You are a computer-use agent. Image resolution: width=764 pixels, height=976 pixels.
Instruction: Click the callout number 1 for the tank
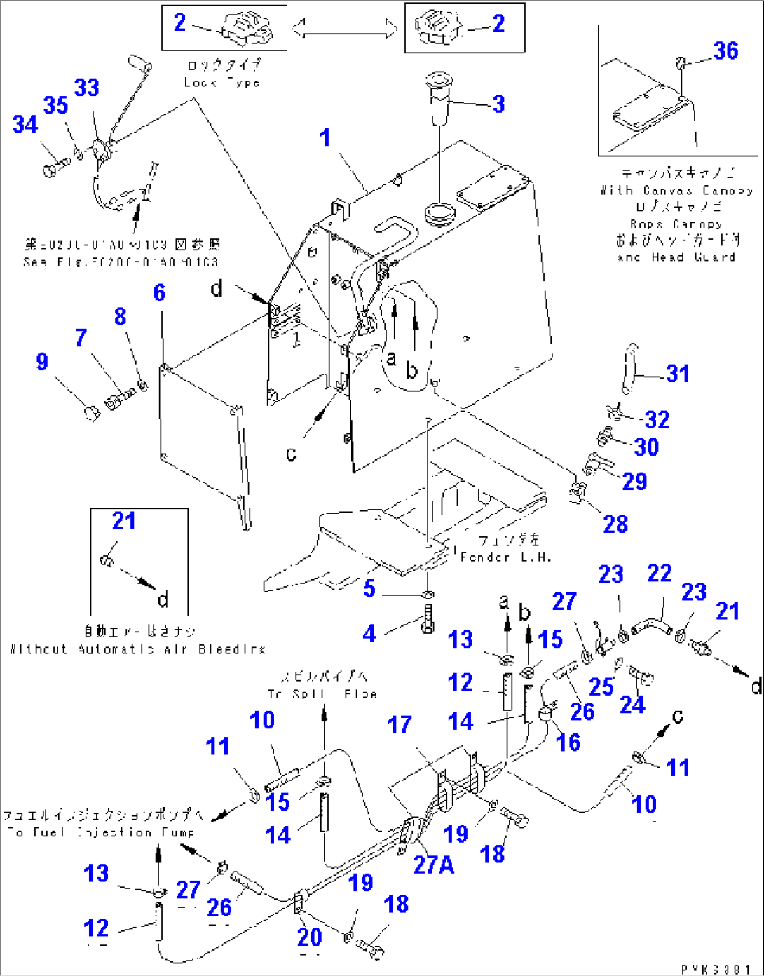click(x=325, y=137)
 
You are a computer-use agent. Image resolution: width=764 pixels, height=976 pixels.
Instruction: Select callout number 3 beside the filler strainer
click(x=498, y=104)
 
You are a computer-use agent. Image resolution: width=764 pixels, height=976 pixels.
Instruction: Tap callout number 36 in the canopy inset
click(x=725, y=50)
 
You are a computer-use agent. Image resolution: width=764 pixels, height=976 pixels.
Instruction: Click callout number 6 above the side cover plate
click(x=159, y=292)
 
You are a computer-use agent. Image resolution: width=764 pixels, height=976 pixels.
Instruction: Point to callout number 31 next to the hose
click(x=678, y=374)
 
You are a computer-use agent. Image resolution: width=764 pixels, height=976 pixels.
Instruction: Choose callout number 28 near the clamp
click(x=615, y=524)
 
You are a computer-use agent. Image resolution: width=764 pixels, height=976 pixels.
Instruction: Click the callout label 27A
click(x=433, y=865)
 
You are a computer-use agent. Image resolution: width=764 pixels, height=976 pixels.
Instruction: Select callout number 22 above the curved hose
click(x=659, y=574)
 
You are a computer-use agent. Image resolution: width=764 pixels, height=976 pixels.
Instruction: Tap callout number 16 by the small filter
click(x=568, y=743)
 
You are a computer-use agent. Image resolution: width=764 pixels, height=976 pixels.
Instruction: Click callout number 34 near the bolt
click(x=25, y=125)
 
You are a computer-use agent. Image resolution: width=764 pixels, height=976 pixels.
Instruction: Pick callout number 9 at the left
click(x=42, y=362)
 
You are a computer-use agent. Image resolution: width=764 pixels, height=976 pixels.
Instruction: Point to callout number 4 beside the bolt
click(x=369, y=634)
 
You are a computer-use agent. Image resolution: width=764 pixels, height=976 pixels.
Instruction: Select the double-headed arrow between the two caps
click(x=344, y=29)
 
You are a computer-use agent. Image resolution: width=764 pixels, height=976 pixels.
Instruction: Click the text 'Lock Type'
click(x=222, y=82)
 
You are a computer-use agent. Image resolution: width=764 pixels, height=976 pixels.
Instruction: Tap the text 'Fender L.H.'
click(x=505, y=557)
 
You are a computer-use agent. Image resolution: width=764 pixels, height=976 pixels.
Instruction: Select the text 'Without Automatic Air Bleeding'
click(x=137, y=649)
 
